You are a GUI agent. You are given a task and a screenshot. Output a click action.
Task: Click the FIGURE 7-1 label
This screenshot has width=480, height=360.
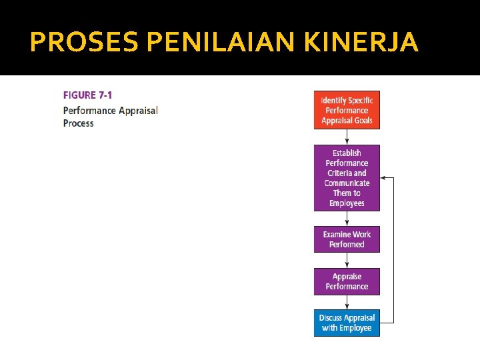(x=88, y=95)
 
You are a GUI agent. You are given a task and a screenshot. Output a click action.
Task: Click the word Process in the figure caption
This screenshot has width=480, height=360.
(x=79, y=123)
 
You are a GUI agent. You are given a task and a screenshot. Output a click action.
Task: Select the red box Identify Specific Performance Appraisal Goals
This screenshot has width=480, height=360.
(x=347, y=110)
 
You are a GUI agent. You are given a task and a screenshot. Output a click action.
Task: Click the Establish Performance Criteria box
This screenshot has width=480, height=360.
(x=347, y=178)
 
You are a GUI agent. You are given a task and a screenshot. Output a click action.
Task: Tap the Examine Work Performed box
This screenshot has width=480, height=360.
(x=347, y=239)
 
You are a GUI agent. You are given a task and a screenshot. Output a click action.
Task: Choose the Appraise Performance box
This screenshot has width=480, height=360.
(x=347, y=281)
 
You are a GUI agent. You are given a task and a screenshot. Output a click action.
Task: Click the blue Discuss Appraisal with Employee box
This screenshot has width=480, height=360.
(x=347, y=323)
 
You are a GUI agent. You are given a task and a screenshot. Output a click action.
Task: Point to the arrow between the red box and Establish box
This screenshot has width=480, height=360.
(x=347, y=137)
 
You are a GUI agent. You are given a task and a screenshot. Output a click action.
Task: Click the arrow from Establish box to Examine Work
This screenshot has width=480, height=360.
(x=347, y=219)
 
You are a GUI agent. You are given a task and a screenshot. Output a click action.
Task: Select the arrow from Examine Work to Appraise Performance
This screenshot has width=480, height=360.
(x=347, y=260)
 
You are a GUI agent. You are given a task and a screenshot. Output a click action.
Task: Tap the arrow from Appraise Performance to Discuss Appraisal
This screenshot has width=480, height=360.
(x=347, y=302)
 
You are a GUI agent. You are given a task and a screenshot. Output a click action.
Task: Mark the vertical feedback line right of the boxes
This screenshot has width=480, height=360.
(x=393, y=250)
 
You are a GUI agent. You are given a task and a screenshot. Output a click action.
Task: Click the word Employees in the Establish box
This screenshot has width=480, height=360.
(x=347, y=203)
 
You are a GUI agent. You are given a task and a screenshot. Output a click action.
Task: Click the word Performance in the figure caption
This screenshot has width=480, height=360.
(x=89, y=110)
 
